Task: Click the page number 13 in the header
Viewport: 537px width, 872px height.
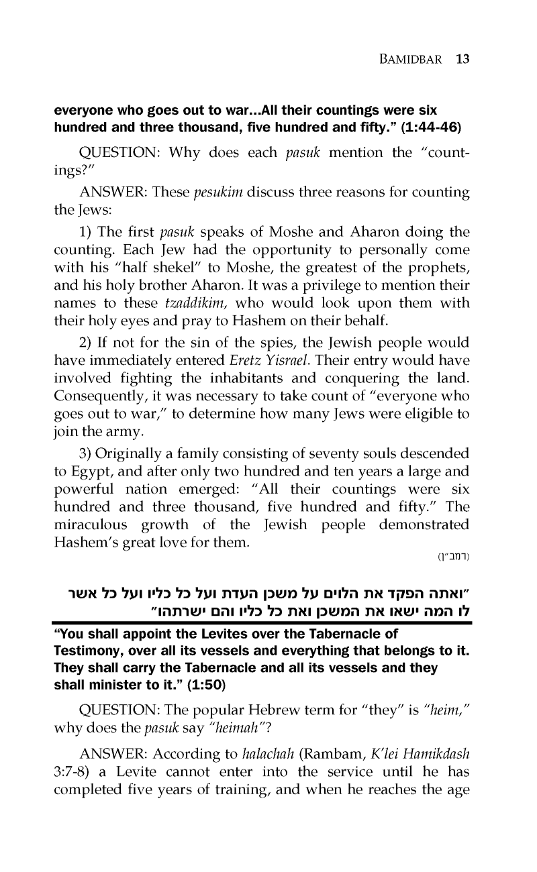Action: click(461, 58)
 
